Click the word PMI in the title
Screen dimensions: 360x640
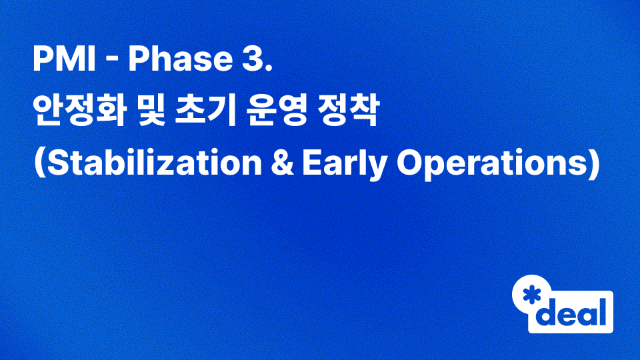click(x=66, y=62)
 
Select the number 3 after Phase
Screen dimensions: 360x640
click(x=255, y=62)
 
